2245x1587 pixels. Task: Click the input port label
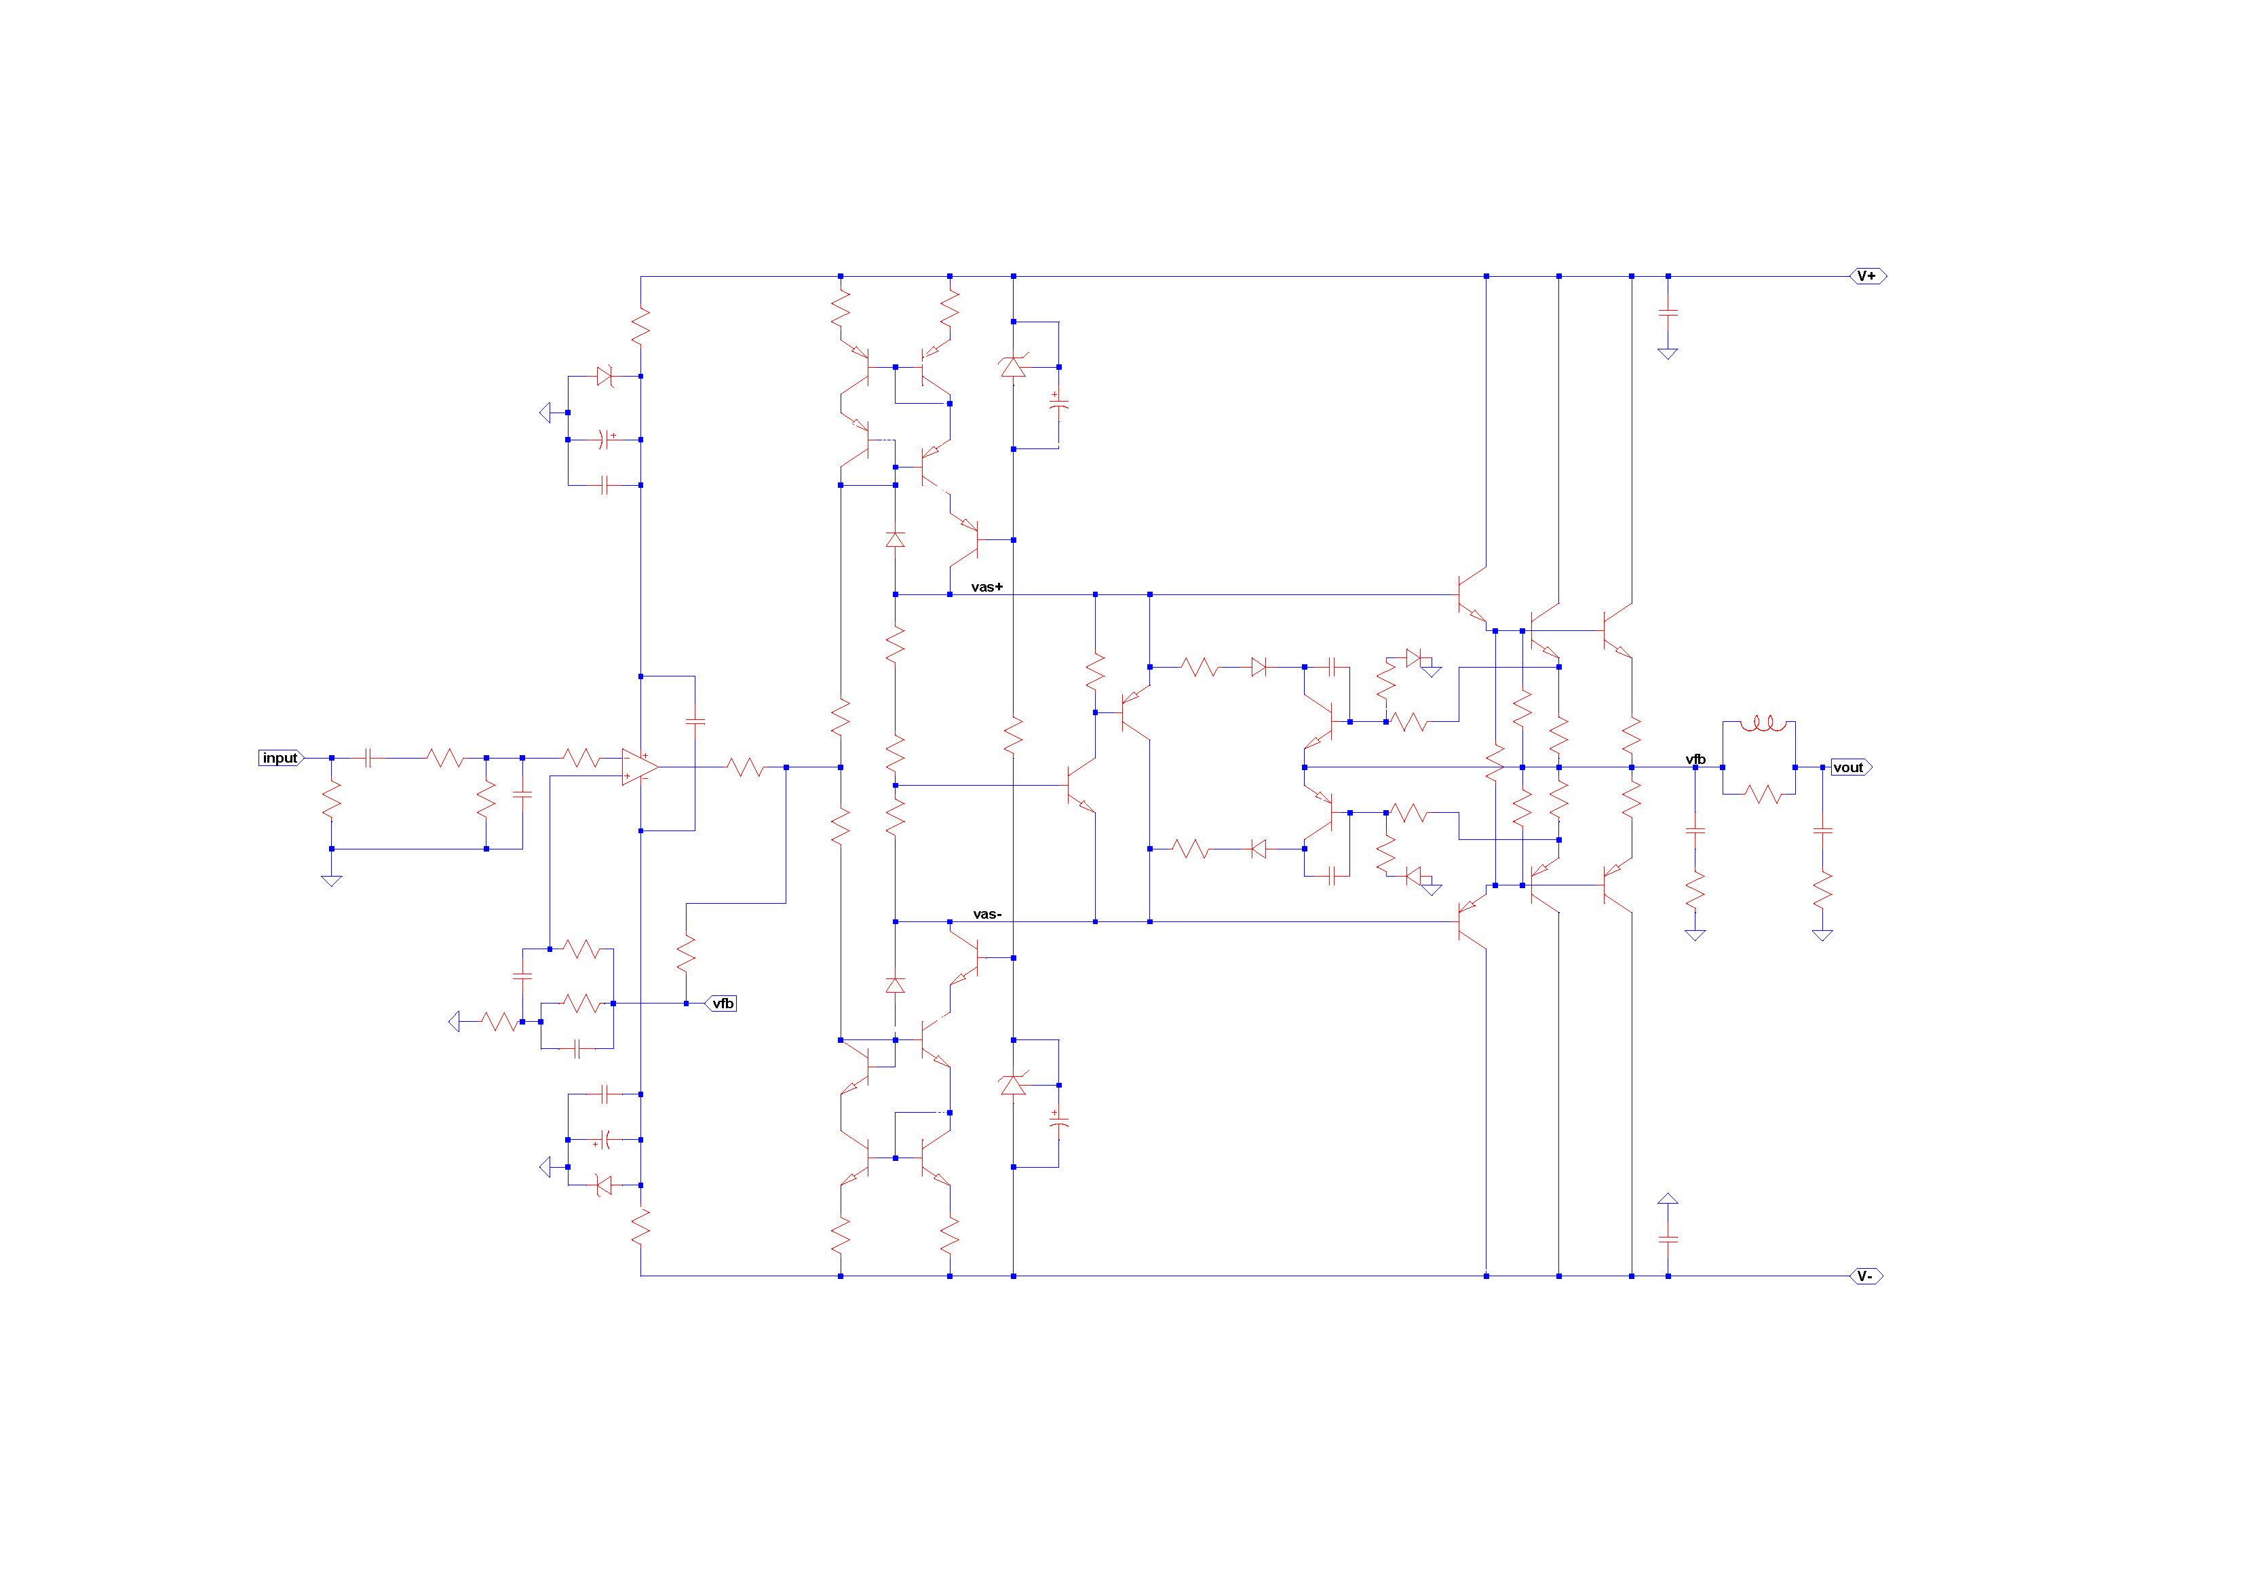point(281,758)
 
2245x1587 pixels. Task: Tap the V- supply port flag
point(1866,1276)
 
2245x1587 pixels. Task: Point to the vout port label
point(1851,767)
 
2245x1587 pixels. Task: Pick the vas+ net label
point(986,587)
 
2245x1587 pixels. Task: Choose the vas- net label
point(986,914)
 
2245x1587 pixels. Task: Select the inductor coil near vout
point(1763,723)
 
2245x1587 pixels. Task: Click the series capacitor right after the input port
point(368,758)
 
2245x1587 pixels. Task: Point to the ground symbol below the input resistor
point(332,881)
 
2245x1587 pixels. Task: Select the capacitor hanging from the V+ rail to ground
point(1668,313)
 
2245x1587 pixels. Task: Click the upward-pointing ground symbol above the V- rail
point(1668,1199)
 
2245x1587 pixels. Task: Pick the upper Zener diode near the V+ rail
point(1013,366)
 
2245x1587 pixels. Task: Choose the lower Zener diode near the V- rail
point(1013,1084)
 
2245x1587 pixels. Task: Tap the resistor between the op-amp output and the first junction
point(745,767)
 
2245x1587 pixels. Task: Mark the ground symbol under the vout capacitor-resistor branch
point(1822,936)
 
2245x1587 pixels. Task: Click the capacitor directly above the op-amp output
point(695,722)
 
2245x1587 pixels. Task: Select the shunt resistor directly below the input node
point(332,800)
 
